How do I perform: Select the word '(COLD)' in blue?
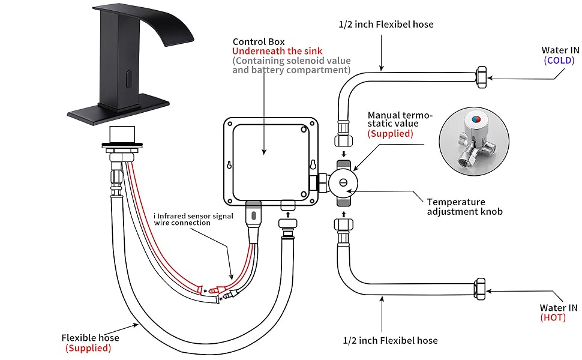(x=559, y=60)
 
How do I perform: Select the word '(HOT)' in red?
(x=553, y=317)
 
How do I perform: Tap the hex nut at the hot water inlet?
(x=480, y=288)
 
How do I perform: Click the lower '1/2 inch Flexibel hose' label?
(x=390, y=340)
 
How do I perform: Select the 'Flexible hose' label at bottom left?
(x=89, y=338)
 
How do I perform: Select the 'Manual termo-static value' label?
(x=400, y=119)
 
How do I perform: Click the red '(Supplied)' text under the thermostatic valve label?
(x=391, y=134)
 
